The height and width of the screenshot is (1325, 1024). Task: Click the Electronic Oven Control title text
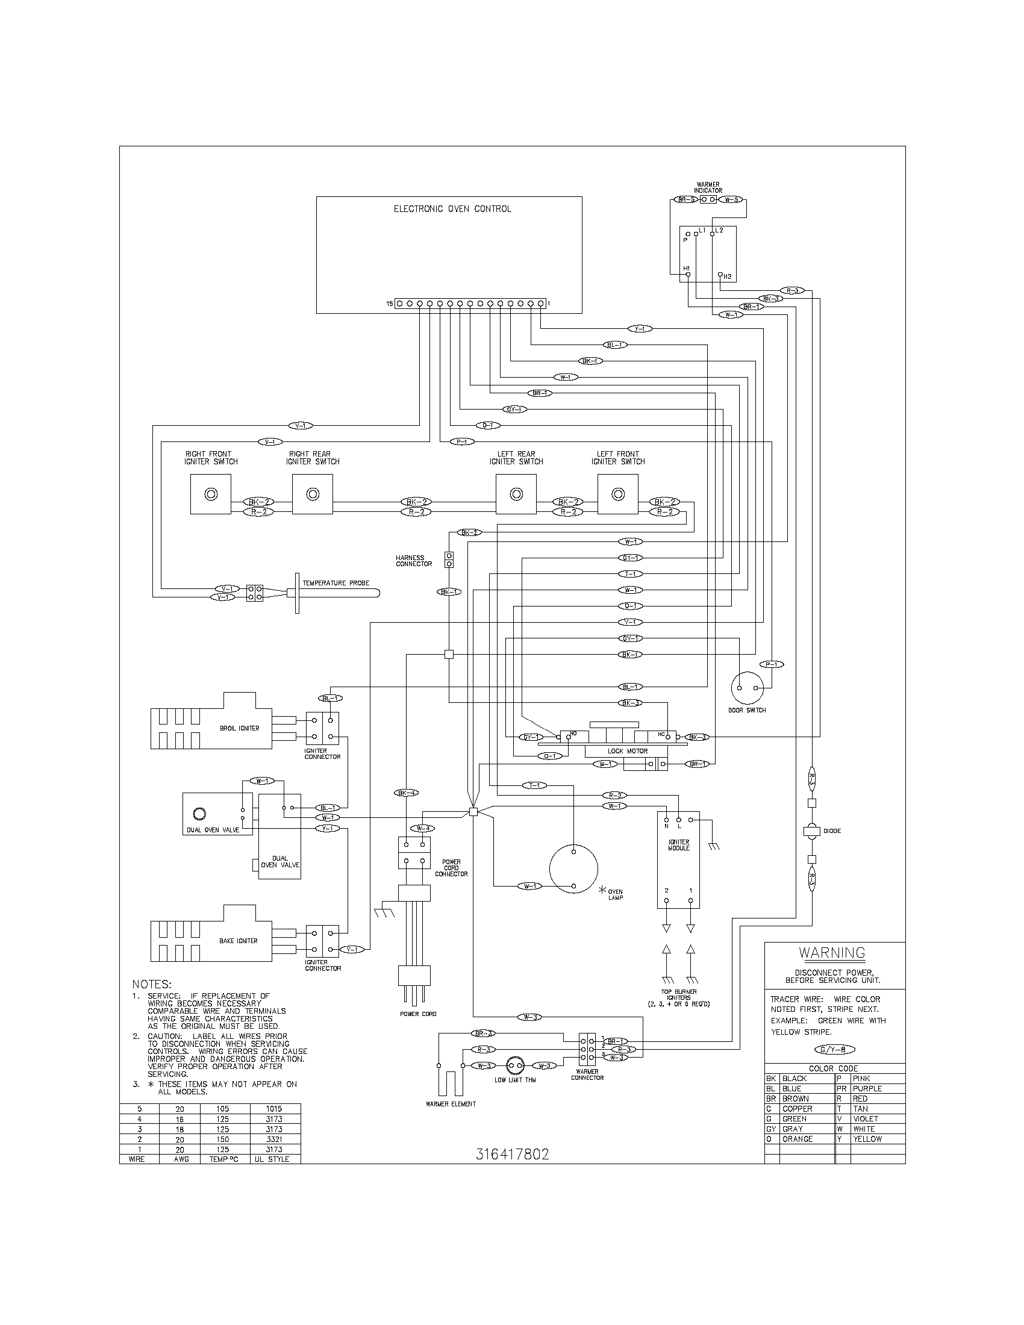click(x=452, y=209)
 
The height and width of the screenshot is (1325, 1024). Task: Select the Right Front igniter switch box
click(x=210, y=494)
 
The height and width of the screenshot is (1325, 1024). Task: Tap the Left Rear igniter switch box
click(x=516, y=494)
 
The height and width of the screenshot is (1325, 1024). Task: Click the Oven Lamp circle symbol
click(x=573, y=868)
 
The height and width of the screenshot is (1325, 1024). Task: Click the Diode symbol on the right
click(x=812, y=831)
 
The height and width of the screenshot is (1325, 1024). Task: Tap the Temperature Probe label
click(x=336, y=583)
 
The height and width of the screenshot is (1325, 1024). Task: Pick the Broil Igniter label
click(x=239, y=728)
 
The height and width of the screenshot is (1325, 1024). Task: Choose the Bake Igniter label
click(x=238, y=941)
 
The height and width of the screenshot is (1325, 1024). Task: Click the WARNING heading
click(x=831, y=953)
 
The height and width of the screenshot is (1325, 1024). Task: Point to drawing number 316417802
click(x=512, y=1155)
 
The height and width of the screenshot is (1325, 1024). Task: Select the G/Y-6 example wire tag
click(x=834, y=1050)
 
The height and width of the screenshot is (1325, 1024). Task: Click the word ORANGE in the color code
click(x=797, y=1139)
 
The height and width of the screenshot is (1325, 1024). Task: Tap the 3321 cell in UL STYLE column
click(x=274, y=1139)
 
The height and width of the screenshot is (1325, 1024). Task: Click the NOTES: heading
click(x=152, y=984)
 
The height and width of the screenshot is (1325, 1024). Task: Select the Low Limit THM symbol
click(x=514, y=1065)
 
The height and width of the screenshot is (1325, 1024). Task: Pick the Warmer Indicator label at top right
click(x=708, y=187)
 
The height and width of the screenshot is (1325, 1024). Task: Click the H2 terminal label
click(x=728, y=276)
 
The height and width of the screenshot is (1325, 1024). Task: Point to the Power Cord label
click(x=417, y=1014)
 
